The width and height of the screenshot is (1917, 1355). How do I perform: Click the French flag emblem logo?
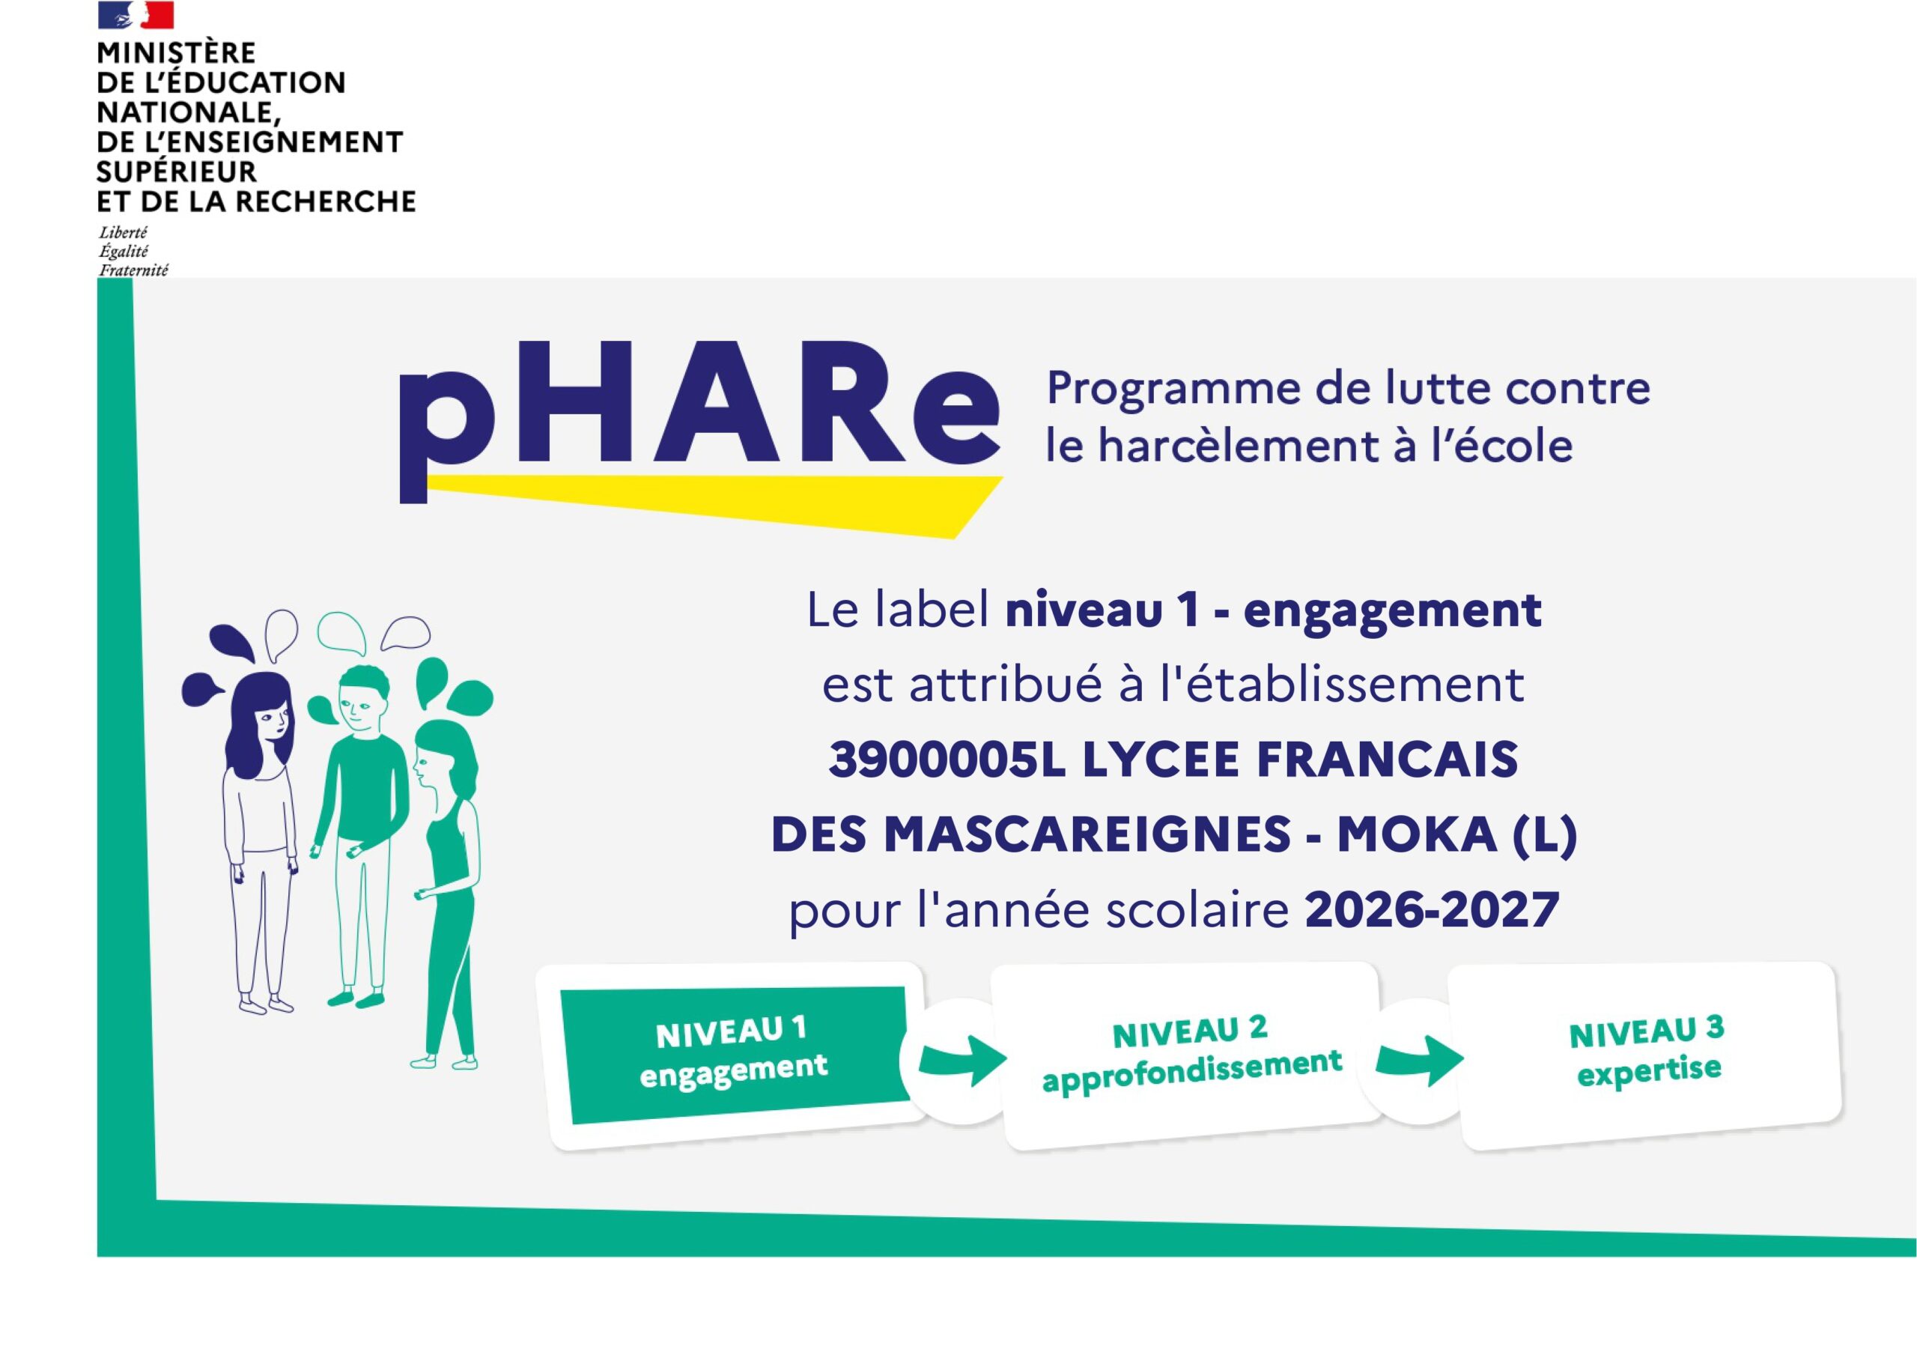pos(136,14)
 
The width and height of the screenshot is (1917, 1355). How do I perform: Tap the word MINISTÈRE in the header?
pos(176,52)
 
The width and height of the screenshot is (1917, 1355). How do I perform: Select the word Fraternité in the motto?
pos(133,270)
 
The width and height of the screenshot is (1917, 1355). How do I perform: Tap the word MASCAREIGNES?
pos(1088,834)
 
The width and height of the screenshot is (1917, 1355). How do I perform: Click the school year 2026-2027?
pos(1432,910)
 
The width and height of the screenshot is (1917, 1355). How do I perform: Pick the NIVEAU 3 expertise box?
pos(1646,1055)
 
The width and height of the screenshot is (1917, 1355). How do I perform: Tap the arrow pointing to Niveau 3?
pos(1419,1061)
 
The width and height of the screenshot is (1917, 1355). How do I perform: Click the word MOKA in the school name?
pos(1417,834)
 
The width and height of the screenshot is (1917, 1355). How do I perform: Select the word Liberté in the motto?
pos(123,232)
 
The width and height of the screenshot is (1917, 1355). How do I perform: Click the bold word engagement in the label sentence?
pos(1392,611)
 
